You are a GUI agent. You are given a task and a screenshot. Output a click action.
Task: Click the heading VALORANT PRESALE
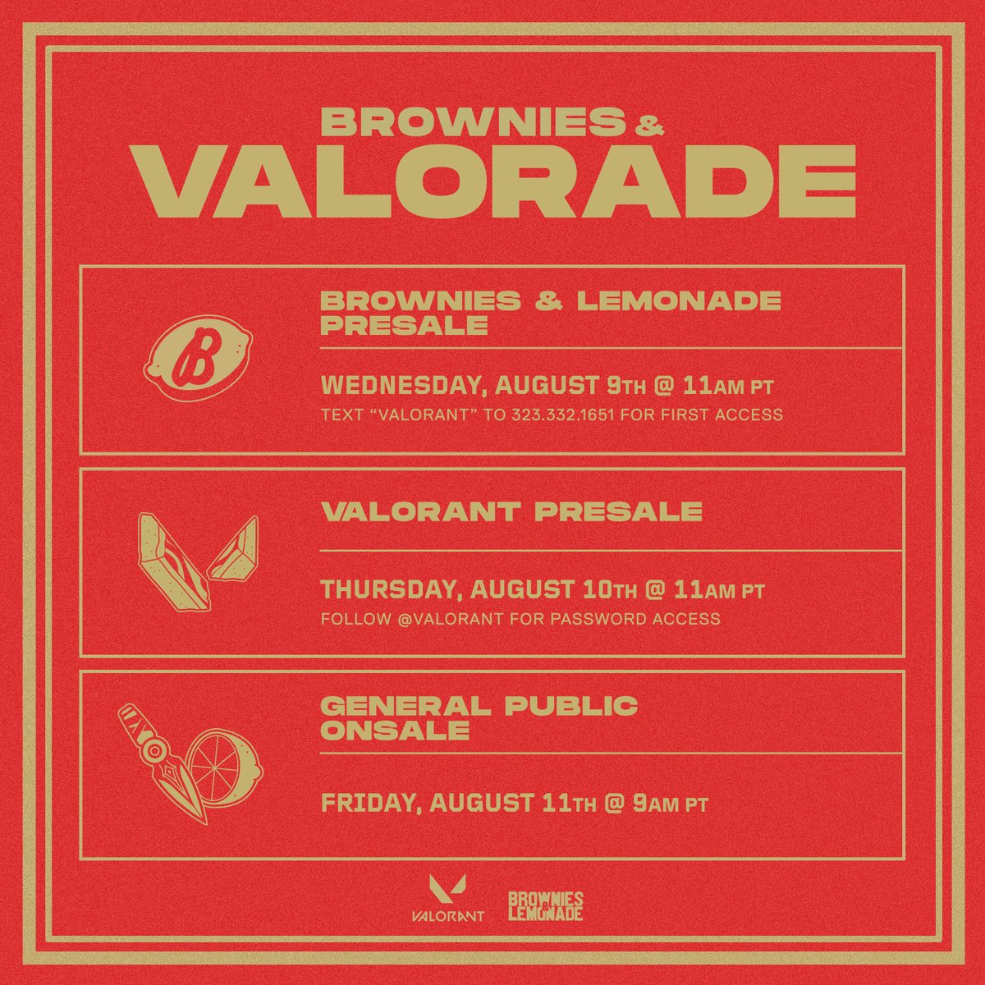pos(511,511)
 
